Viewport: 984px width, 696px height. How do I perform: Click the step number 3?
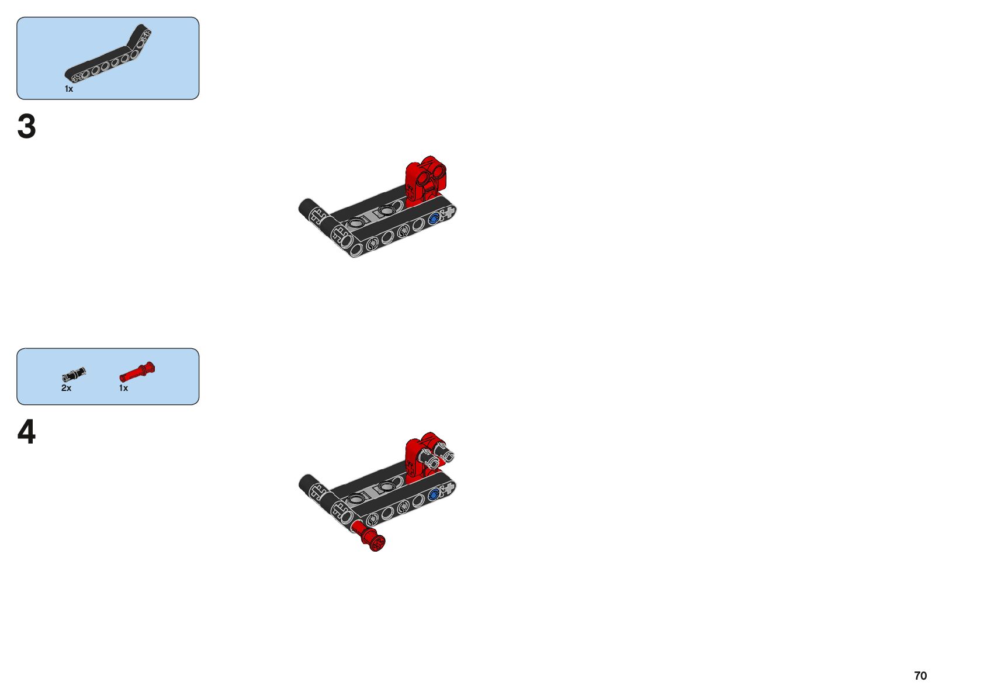click(x=27, y=126)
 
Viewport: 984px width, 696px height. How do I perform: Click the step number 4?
click(x=27, y=432)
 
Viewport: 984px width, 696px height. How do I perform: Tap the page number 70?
click(x=920, y=676)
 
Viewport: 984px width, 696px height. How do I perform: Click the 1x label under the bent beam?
click(x=69, y=89)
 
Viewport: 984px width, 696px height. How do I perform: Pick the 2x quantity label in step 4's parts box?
click(x=66, y=388)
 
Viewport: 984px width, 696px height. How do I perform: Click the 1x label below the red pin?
click(x=123, y=388)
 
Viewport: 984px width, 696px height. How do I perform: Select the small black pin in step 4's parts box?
click(x=74, y=374)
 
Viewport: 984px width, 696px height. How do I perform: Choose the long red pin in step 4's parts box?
click(x=137, y=372)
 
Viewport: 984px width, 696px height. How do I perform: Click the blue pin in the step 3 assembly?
click(x=434, y=220)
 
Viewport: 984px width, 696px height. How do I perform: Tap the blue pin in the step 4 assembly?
click(x=434, y=496)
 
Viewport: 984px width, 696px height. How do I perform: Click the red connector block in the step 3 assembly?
click(x=426, y=178)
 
